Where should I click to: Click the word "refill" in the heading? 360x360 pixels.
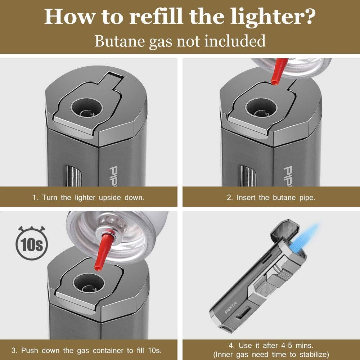156,16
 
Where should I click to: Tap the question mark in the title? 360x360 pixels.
308,16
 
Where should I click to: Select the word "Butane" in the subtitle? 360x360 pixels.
120,41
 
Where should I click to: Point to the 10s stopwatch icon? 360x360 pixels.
32,243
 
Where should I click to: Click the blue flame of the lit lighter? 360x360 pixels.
304,239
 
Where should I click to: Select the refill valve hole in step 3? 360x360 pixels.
89,283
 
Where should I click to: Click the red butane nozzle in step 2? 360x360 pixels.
279,71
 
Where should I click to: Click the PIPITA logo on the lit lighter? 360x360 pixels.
230,308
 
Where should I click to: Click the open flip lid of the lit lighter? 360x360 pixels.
285,230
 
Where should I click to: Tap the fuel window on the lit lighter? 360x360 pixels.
243,312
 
